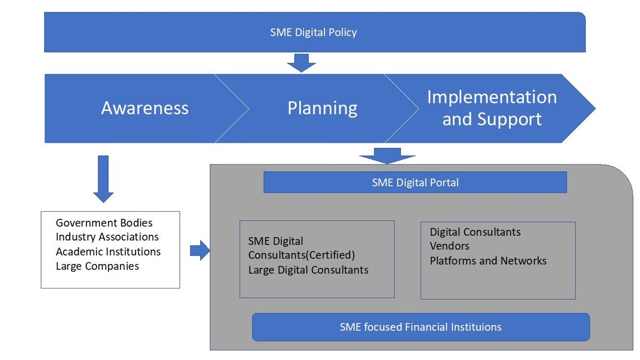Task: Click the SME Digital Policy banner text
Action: click(x=314, y=33)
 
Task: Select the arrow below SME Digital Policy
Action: click(x=301, y=62)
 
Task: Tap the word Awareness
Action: click(x=145, y=108)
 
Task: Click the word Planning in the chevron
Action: click(x=322, y=108)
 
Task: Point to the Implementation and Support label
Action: click(x=492, y=108)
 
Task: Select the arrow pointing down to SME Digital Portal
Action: click(x=387, y=156)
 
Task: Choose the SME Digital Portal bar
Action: click(x=415, y=182)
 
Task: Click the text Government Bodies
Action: click(x=104, y=223)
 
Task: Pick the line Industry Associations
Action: click(x=107, y=237)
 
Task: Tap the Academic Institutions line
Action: click(x=108, y=251)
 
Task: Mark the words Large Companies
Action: click(x=97, y=266)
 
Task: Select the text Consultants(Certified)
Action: click(x=301, y=255)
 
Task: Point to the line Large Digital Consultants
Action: click(x=308, y=270)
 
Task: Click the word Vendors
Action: click(x=450, y=246)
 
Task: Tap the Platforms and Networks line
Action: click(x=488, y=261)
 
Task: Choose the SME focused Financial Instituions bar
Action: click(x=420, y=327)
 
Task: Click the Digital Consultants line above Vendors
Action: click(x=475, y=232)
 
